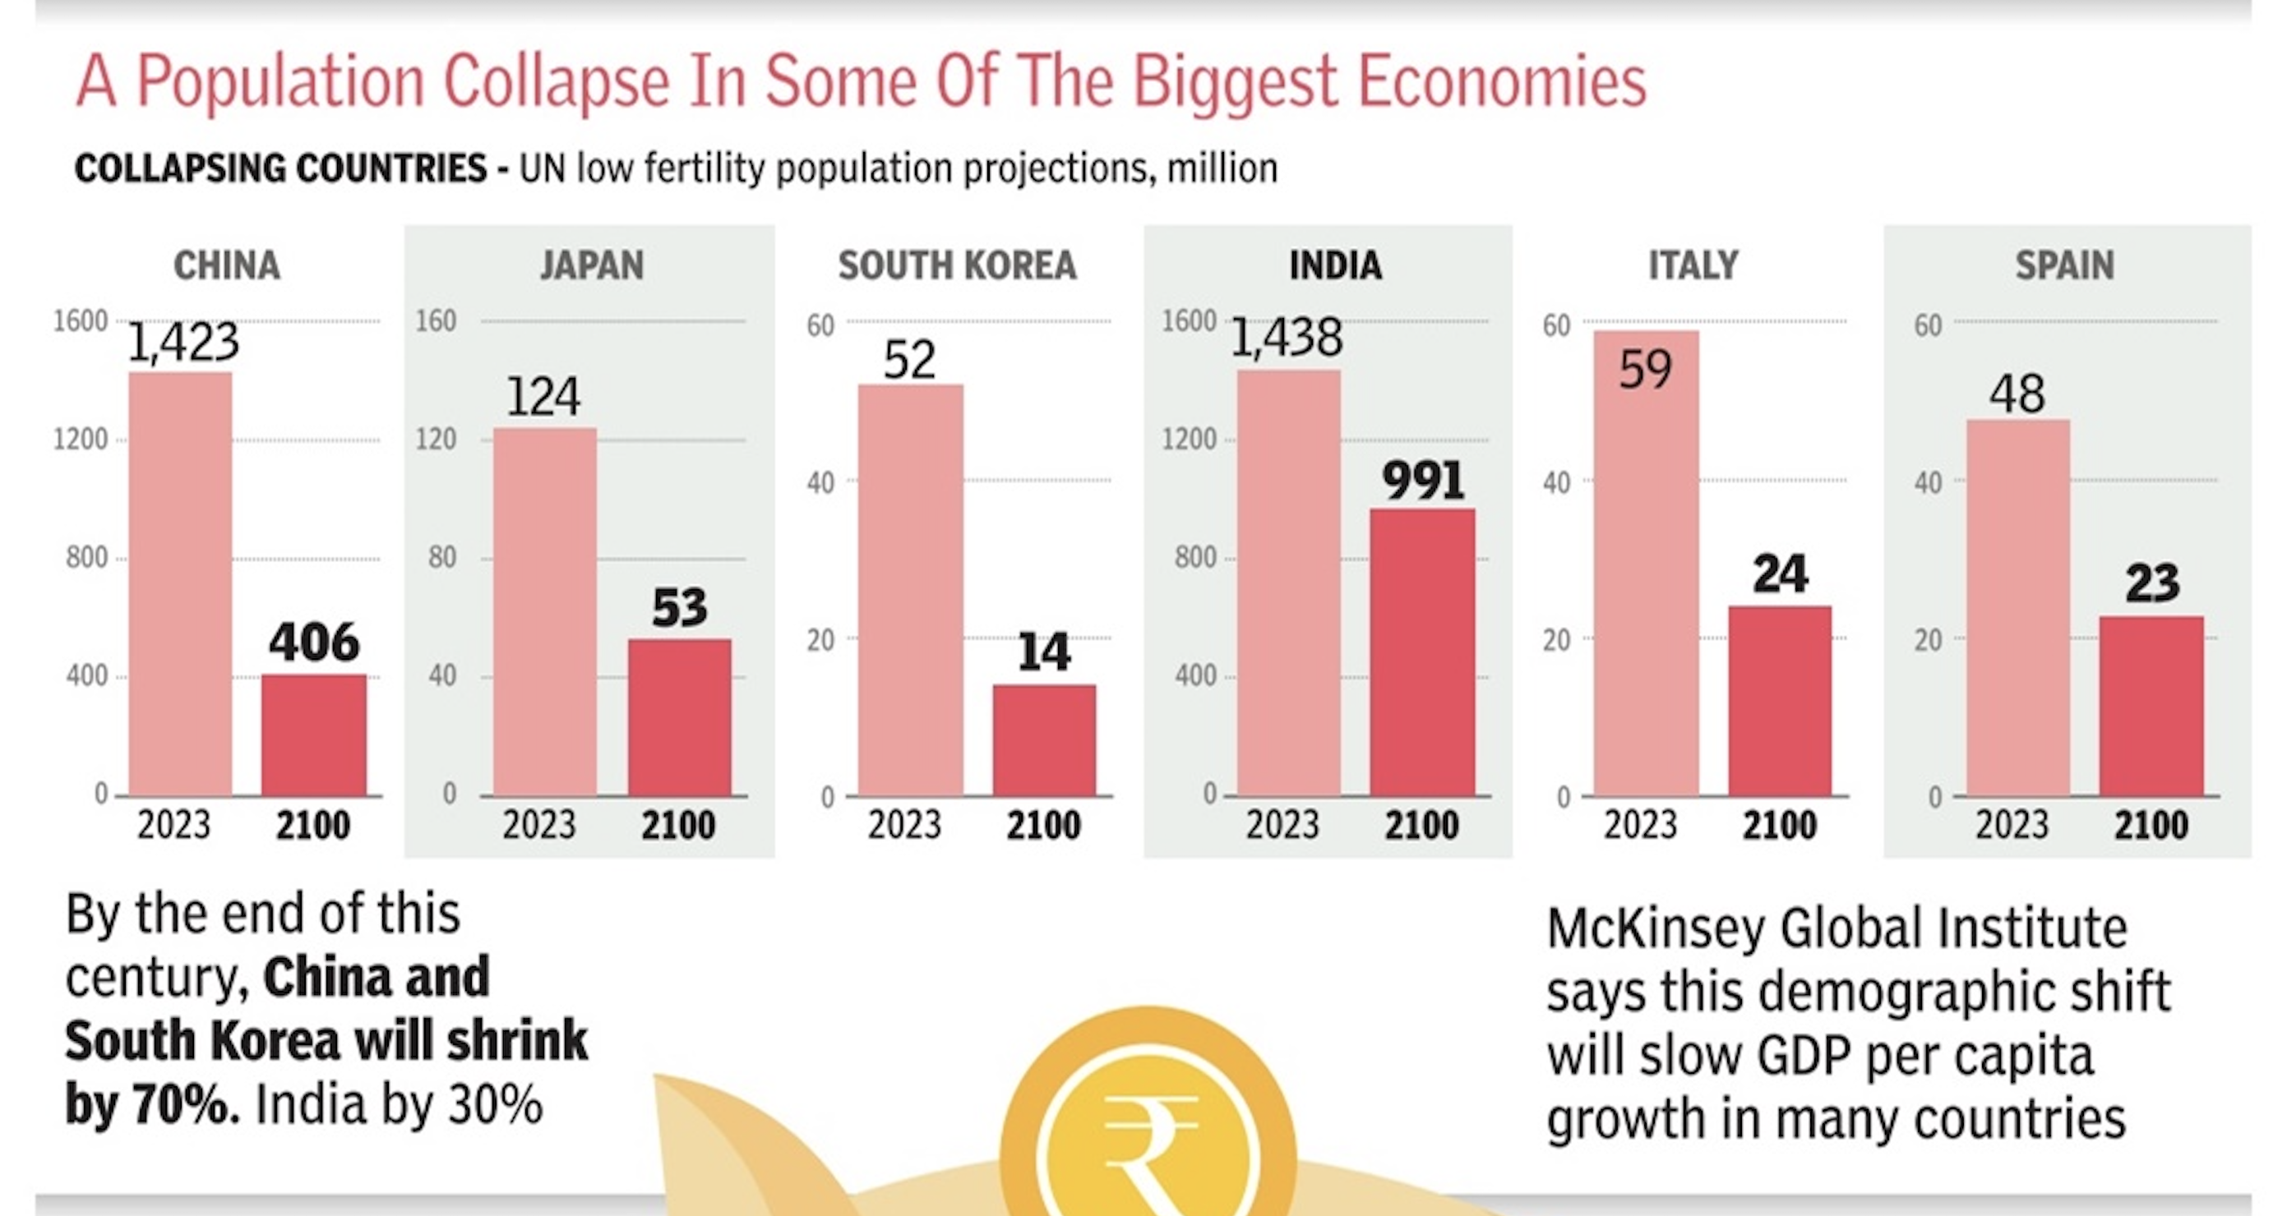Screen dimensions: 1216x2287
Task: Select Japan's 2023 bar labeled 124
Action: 544,612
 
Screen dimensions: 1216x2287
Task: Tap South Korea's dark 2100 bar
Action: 1044,740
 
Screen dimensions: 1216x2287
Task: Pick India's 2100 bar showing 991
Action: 1421,652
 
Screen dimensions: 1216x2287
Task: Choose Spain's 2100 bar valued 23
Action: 2151,707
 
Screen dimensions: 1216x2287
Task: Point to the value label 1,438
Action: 1286,339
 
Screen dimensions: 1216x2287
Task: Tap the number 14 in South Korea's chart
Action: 1043,652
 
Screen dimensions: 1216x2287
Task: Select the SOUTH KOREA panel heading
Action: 957,265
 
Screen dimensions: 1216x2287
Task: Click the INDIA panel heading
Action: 1335,265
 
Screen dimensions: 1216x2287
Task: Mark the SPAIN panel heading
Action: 2064,265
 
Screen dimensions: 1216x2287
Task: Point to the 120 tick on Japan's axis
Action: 436,440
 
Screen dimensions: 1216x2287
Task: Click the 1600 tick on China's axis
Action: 80,321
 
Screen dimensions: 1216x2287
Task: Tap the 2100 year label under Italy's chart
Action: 1778,826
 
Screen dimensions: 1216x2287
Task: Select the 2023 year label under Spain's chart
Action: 2012,826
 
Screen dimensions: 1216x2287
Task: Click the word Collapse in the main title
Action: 556,81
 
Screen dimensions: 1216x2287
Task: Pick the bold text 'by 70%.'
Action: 152,1106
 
